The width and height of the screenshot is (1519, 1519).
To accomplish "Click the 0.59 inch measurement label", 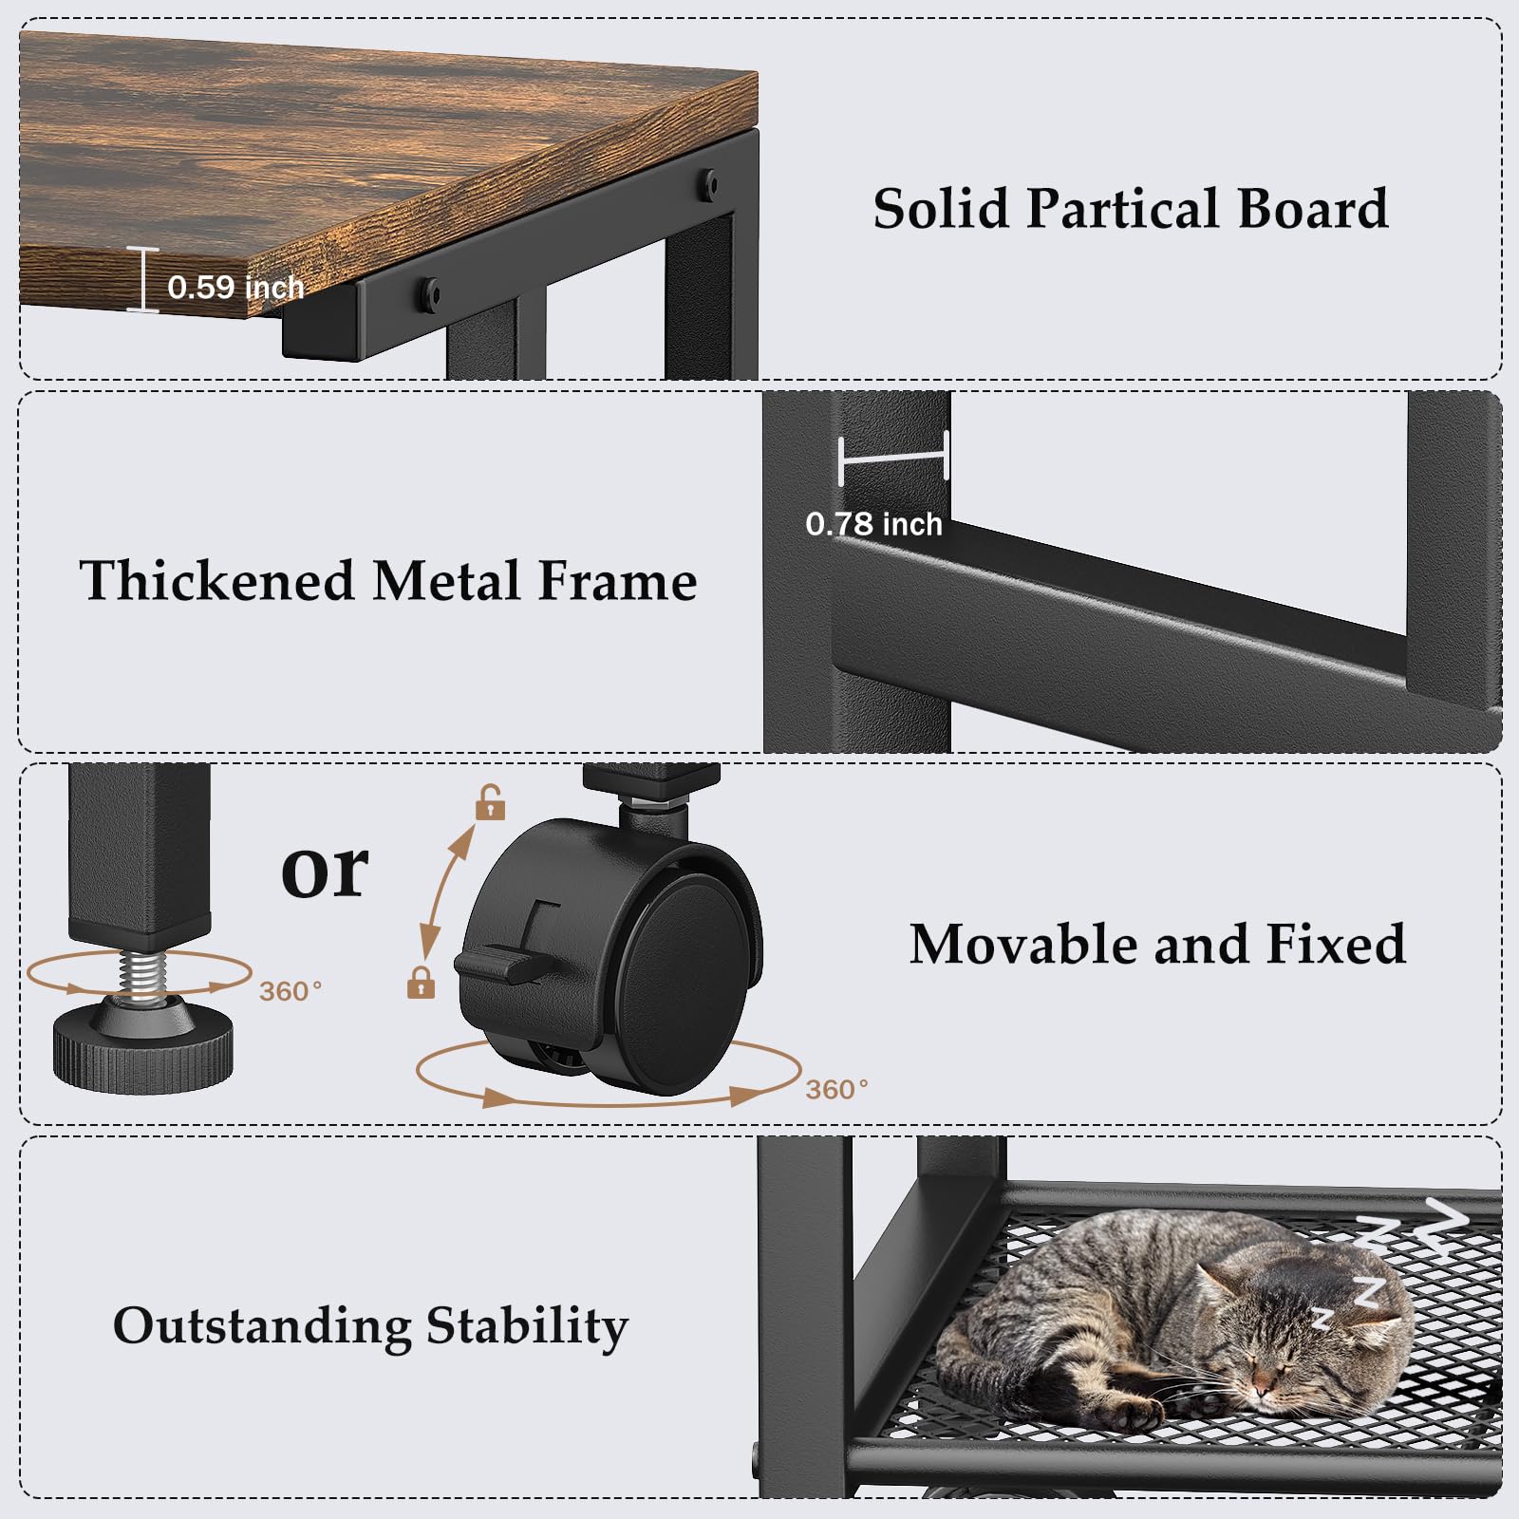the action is [x=235, y=287].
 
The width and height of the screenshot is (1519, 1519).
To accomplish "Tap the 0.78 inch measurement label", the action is [x=873, y=524].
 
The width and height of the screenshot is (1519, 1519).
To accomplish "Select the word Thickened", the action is [x=217, y=580].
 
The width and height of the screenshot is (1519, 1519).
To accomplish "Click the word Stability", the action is [x=527, y=1327].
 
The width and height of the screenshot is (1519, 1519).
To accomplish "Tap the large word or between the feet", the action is [x=325, y=872].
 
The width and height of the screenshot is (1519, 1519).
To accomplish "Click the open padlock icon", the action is [x=490, y=802].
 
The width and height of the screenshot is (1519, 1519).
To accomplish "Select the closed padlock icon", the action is [x=421, y=982].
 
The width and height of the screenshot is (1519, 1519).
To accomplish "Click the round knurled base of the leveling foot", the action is [x=142, y=1048].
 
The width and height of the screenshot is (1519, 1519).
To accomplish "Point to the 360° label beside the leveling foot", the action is [x=291, y=991].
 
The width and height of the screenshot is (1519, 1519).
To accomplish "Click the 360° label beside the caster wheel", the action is [x=836, y=1089].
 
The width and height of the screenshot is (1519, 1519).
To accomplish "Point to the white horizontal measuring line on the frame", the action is [x=894, y=459].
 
